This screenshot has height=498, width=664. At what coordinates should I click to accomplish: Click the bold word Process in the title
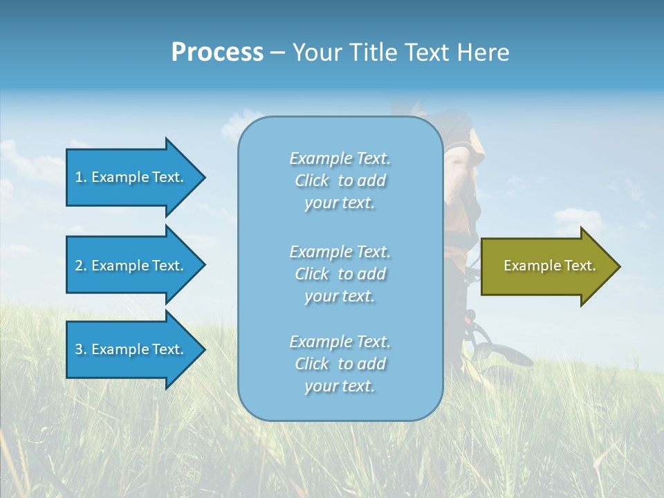point(217,53)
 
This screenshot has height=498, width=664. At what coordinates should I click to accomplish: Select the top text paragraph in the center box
point(340,181)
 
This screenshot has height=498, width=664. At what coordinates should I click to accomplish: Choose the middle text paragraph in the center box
point(340,274)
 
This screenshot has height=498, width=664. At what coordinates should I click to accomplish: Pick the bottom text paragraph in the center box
point(340,364)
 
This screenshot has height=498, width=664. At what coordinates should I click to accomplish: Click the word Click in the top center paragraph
point(312,181)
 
